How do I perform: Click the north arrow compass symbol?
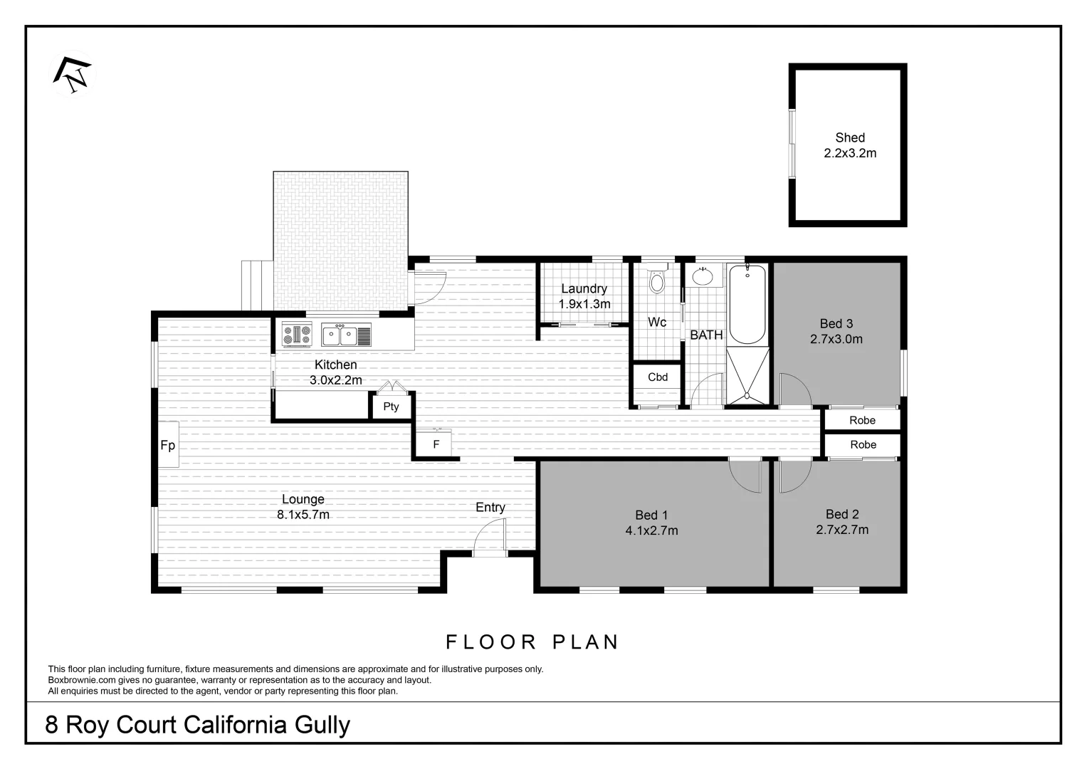73,74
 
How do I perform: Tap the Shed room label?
849,138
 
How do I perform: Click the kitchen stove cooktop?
297,334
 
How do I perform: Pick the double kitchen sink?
339,335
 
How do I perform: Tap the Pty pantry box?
391,407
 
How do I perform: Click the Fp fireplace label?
167,446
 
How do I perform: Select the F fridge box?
436,444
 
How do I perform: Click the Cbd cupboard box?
657,377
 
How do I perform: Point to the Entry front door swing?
490,535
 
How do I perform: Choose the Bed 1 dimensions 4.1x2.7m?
651,530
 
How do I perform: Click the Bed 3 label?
836,324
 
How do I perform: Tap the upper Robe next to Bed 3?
861,420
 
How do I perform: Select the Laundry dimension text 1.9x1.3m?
584,304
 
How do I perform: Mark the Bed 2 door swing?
794,477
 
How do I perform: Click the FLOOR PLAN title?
532,642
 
